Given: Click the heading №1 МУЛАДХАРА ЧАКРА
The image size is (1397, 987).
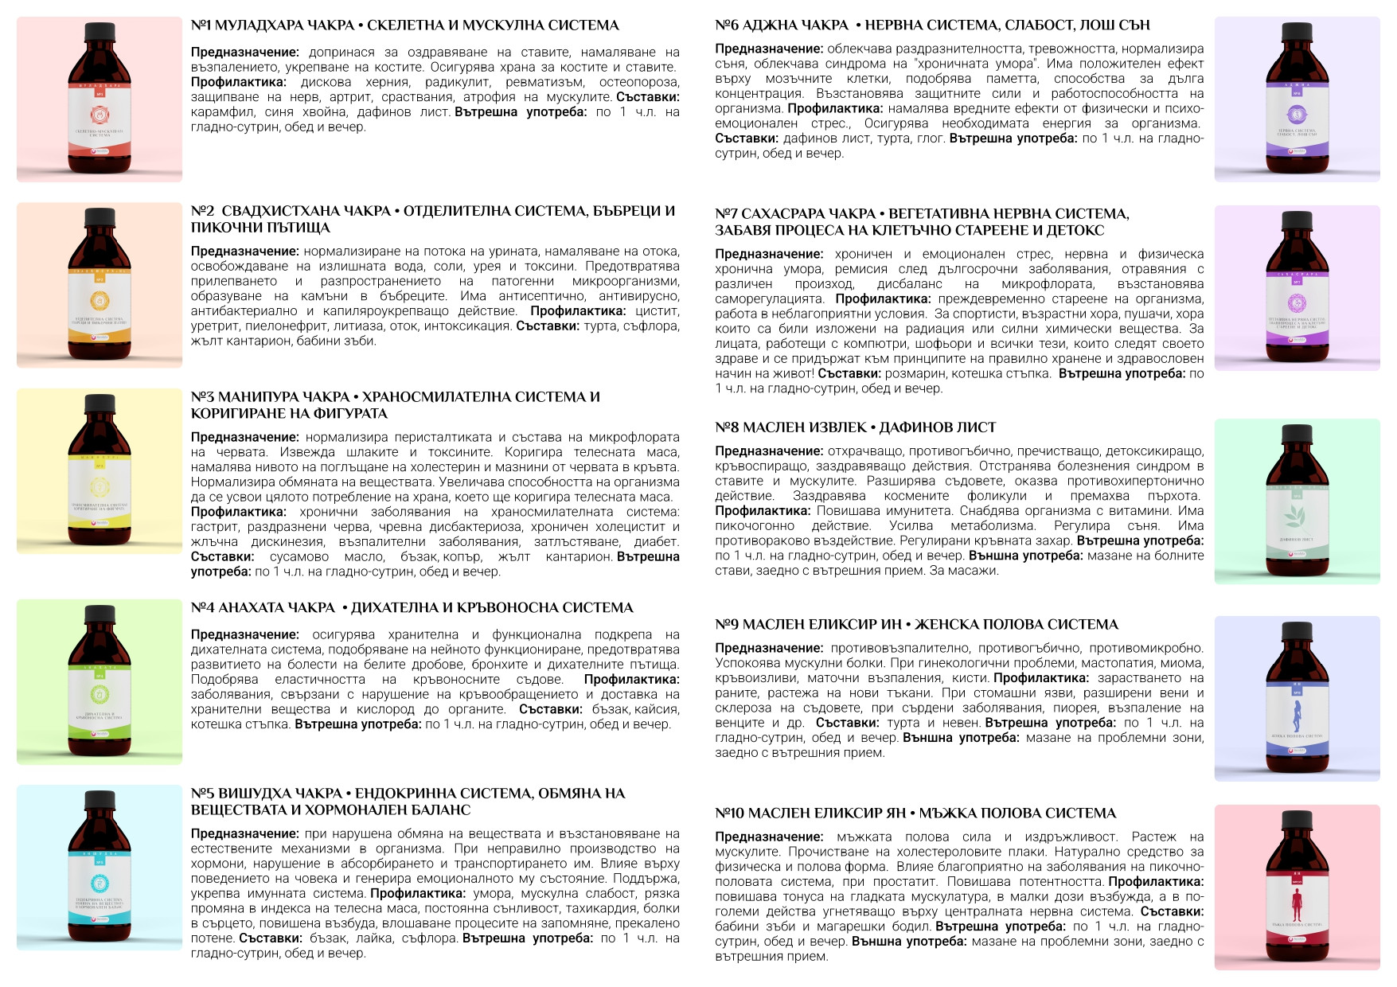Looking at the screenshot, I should (404, 25).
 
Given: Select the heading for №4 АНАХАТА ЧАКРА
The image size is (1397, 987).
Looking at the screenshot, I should (412, 608).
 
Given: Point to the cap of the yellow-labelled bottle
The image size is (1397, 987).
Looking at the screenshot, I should (100, 405).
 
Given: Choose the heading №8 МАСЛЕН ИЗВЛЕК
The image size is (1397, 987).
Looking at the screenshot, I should (855, 427).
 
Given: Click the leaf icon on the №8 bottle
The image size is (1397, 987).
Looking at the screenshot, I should (1297, 517).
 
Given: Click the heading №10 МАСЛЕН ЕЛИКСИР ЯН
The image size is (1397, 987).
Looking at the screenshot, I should (915, 813).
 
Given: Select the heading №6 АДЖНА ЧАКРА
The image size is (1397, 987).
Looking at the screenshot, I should (932, 25).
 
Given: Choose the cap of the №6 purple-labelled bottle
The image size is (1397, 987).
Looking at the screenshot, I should (1297, 33).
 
